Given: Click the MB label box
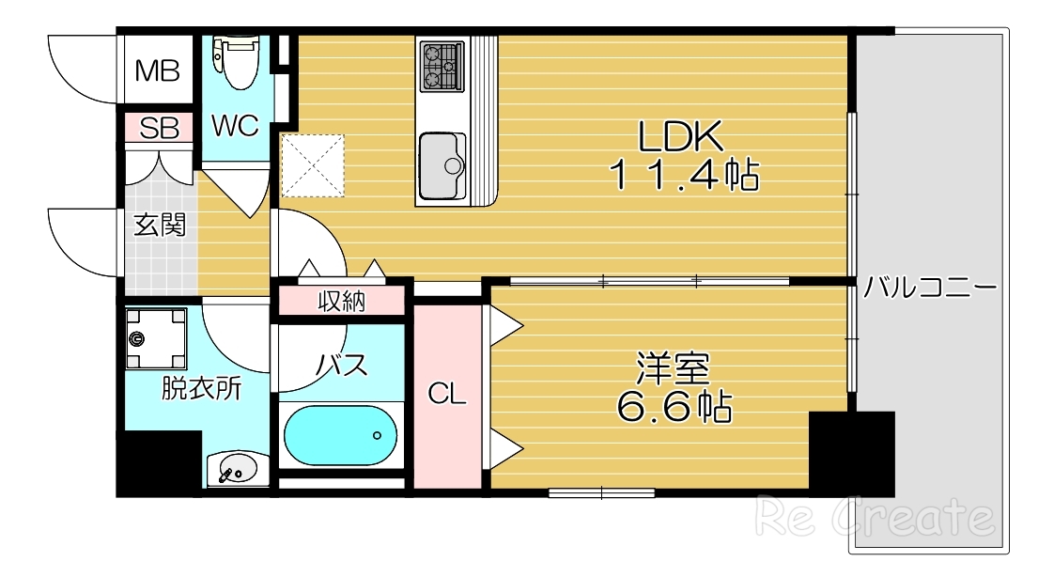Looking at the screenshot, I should tap(157, 71).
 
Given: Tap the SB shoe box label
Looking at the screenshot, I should tap(158, 129).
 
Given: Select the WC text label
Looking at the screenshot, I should tap(235, 127).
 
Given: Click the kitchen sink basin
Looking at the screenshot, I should tap(442, 166).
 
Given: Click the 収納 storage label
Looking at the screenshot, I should tap(341, 302).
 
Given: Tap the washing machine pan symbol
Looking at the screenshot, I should tap(157, 339).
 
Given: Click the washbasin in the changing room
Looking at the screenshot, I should tap(236, 467).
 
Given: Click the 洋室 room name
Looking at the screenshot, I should tap(674, 366).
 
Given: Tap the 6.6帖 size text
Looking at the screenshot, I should tap(674, 407).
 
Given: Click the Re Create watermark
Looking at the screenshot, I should tap(875, 516).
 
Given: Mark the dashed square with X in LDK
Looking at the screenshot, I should tap(313, 164).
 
